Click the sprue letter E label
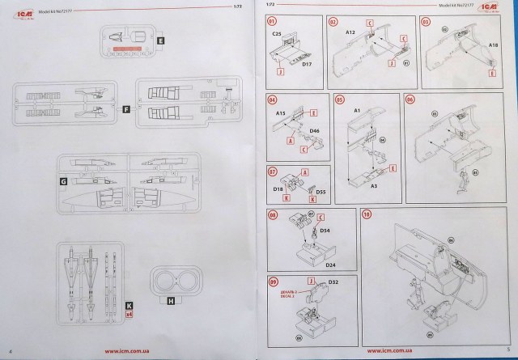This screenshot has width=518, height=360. coord(160,39)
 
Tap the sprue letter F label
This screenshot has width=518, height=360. coord(125,108)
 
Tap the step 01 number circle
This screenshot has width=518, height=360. coord(272,19)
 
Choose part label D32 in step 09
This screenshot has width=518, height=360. coord(333,282)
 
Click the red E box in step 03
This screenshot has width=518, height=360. coord(490,71)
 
